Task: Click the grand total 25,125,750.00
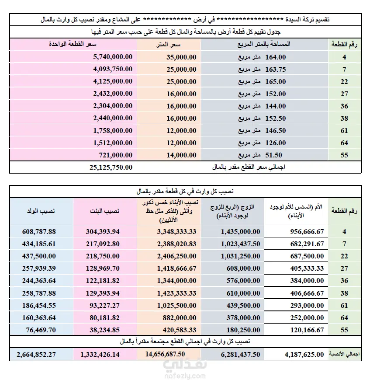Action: (107, 167)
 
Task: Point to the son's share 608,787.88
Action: (38, 231)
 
